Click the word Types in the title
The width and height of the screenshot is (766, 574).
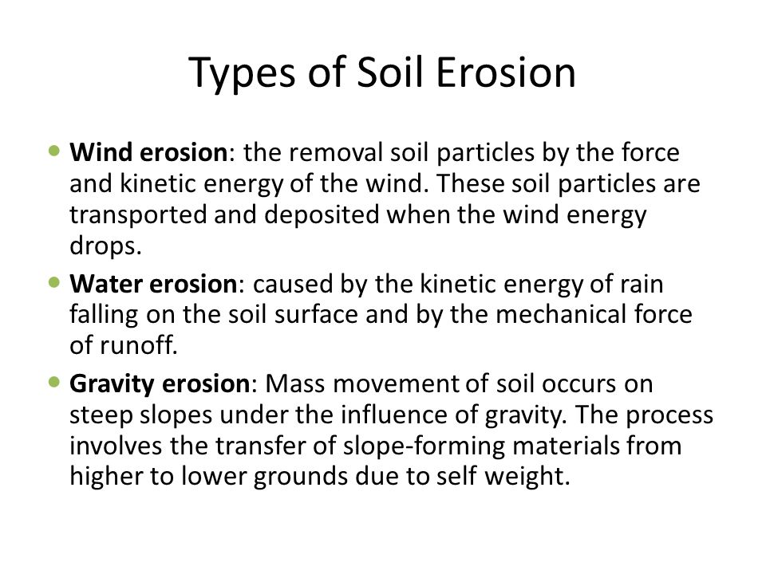click(242, 73)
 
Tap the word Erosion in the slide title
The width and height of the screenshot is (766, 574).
click(506, 73)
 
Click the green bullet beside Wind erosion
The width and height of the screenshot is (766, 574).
click(54, 151)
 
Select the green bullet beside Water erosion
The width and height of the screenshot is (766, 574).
click(54, 282)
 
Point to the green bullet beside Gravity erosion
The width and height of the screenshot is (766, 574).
click(54, 382)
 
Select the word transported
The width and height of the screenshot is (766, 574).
click(138, 215)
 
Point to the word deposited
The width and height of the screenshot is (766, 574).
click(322, 215)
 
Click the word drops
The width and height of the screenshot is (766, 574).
click(105, 246)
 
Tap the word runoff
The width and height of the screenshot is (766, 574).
click(139, 345)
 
